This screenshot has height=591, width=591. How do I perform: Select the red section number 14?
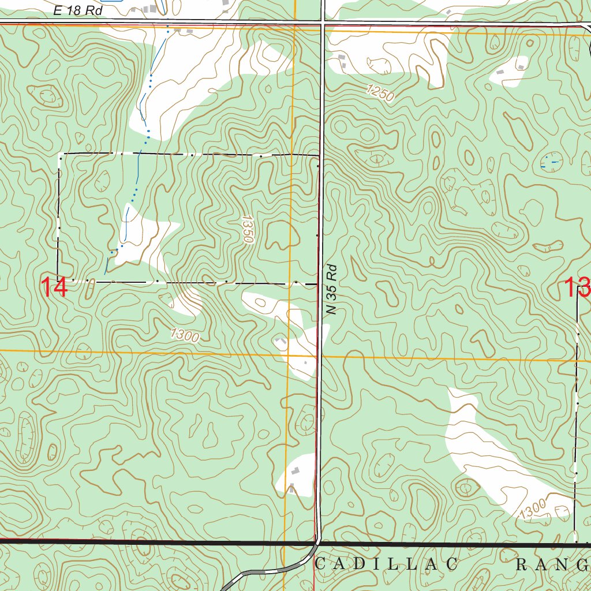(55, 287)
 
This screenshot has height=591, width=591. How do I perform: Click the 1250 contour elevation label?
(380, 92)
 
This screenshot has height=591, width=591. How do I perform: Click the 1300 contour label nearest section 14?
(185, 334)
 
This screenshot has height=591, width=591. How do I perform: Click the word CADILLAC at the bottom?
(387, 564)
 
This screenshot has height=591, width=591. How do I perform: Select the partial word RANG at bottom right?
(551, 564)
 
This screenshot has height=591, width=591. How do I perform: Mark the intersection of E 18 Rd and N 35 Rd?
(321, 24)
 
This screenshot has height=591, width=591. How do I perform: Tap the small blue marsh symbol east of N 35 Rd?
(551, 162)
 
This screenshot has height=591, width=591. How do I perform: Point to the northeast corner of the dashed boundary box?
(319, 156)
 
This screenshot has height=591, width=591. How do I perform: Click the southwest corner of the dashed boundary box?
(58, 281)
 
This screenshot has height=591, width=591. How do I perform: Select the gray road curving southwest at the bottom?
(265, 571)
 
